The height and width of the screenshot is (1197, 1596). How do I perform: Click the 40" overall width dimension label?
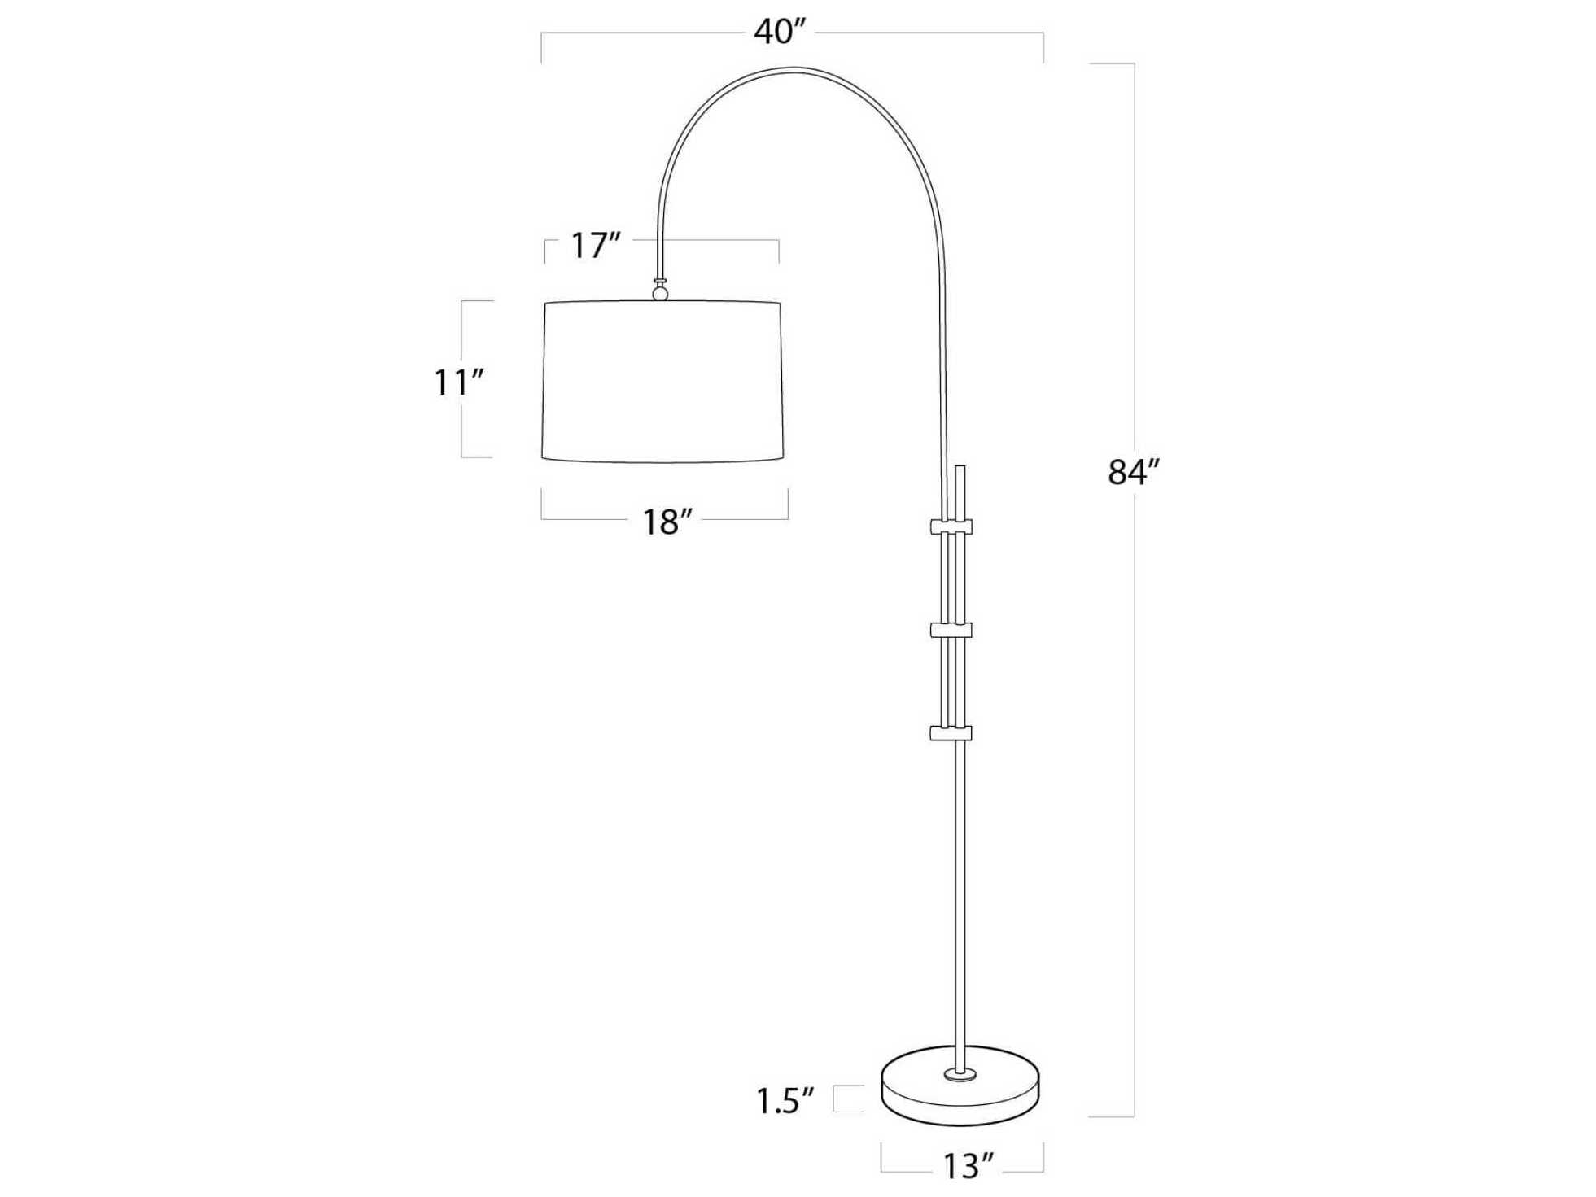pyautogui.click(x=779, y=33)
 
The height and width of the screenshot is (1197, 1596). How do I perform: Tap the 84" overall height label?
pyautogui.click(x=1132, y=472)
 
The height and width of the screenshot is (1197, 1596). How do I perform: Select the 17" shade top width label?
pyautogui.click(x=595, y=246)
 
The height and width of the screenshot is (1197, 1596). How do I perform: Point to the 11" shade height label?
pyautogui.click(x=458, y=382)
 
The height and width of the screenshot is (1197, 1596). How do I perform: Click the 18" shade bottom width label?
pyautogui.click(x=667, y=522)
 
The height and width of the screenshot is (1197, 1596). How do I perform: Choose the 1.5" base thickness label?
pyautogui.click(x=785, y=1102)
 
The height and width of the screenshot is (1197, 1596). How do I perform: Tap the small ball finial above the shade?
pyautogui.click(x=660, y=292)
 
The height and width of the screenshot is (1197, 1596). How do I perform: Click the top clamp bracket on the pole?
pyautogui.click(x=951, y=526)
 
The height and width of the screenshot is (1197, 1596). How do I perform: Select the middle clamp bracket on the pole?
pyautogui.click(x=951, y=630)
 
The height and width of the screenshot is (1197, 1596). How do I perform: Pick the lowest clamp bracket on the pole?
pyautogui.click(x=951, y=733)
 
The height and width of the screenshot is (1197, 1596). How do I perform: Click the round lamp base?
pyautogui.click(x=960, y=1099)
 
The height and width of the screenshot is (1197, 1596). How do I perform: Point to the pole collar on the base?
pyautogui.click(x=960, y=1076)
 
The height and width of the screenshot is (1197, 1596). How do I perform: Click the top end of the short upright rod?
pyautogui.click(x=960, y=468)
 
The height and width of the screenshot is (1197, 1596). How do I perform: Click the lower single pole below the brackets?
pyautogui.click(x=960, y=895)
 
